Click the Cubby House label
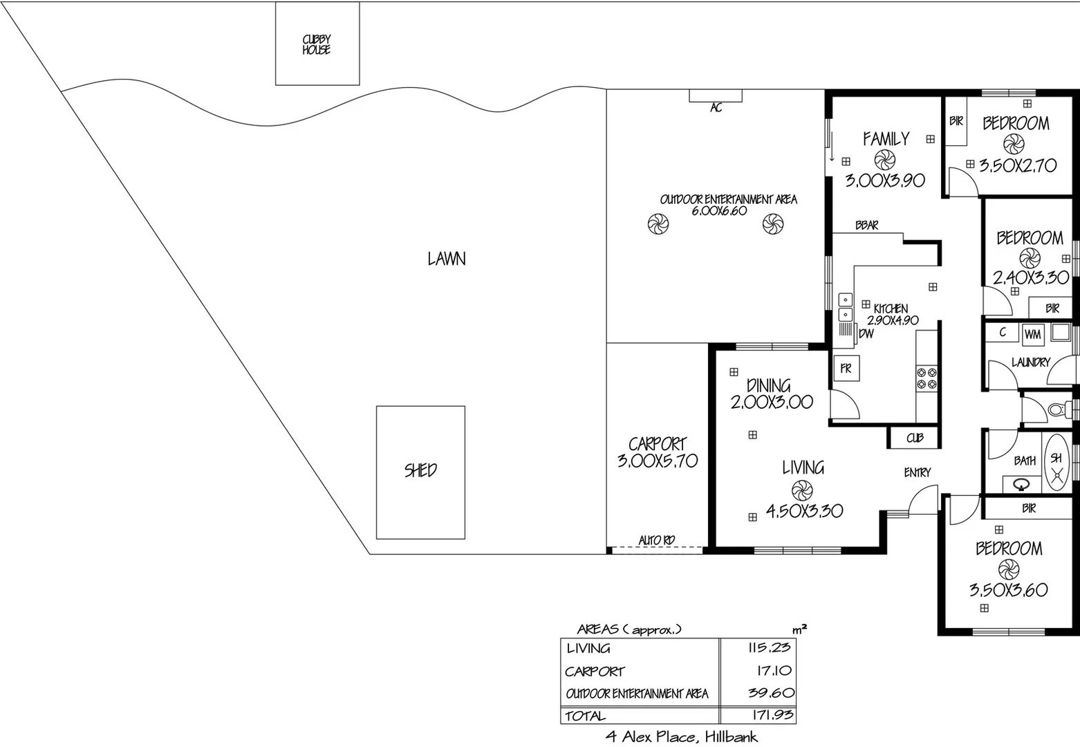tap(316, 44)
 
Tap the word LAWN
tap(447, 259)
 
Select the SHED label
tap(420, 470)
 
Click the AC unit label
tap(716, 108)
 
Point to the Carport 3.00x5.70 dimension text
tap(658, 461)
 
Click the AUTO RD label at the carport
tap(656, 539)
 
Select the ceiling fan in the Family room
tap(884, 160)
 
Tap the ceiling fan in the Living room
tap(801, 490)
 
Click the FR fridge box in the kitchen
tap(846, 369)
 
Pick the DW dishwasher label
tap(866, 333)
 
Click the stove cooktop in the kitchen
tap(927, 378)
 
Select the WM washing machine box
tap(1032, 334)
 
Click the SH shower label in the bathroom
tap(1056, 458)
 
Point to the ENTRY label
tap(918, 472)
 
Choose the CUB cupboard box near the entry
tap(915, 438)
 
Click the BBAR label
tap(866, 225)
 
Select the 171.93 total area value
tap(770, 714)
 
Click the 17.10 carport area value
tap(774, 670)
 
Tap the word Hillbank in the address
tap(731, 737)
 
